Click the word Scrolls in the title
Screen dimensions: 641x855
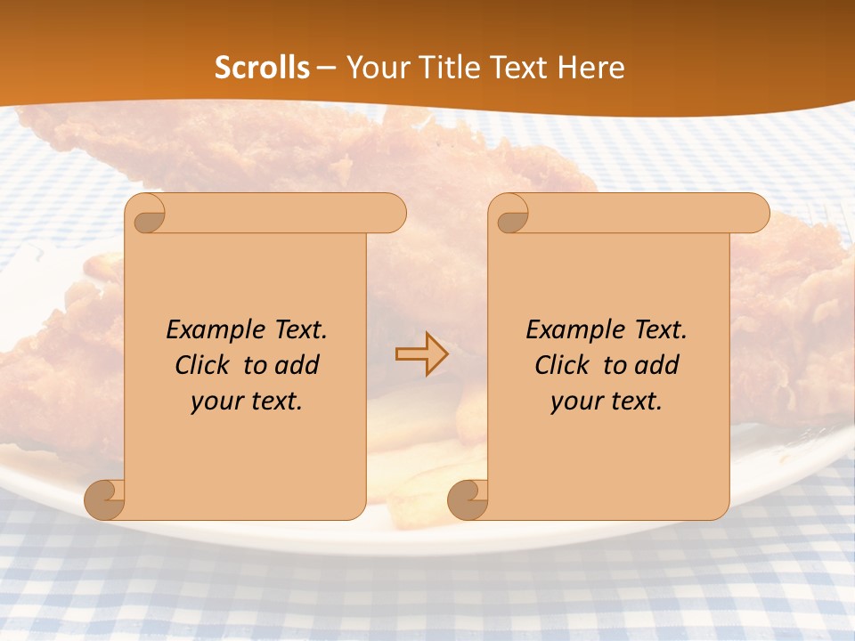pyautogui.click(x=262, y=68)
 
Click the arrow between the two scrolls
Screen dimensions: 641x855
pyautogui.click(x=421, y=354)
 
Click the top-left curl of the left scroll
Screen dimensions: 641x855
pyautogui.click(x=145, y=214)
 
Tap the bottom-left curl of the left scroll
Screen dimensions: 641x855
pyautogui.click(x=105, y=499)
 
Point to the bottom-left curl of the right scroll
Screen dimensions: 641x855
pyautogui.click(x=468, y=499)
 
